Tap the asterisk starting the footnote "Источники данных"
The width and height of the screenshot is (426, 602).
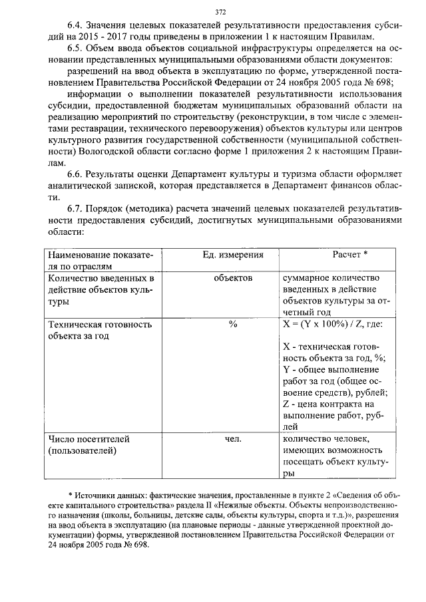pos(71,496)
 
